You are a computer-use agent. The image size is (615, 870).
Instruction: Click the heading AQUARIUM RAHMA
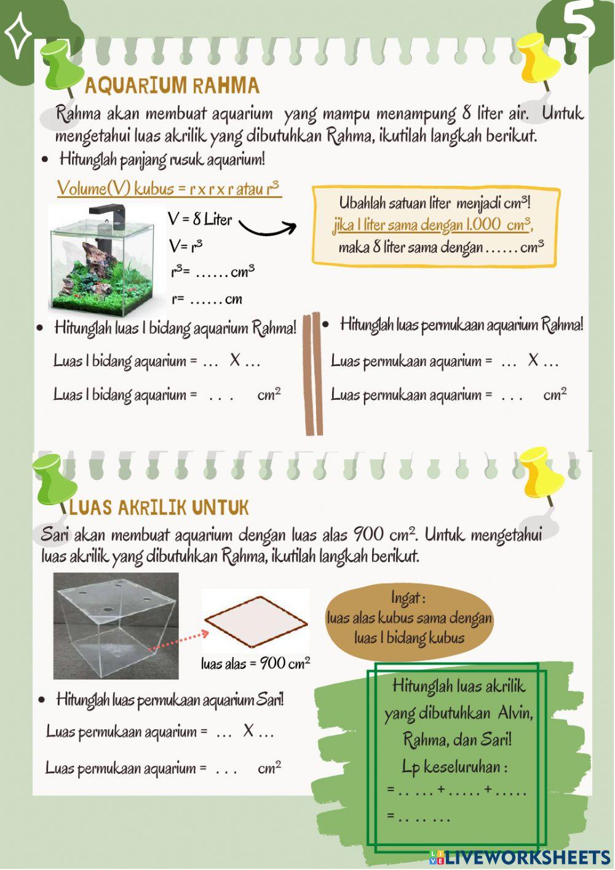(x=172, y=86)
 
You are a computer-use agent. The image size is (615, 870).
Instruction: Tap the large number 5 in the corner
(x=579, y=22)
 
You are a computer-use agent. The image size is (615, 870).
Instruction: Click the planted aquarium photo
(x=102, y=259)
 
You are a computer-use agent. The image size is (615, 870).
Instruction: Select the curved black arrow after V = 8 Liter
(x=267, y=228)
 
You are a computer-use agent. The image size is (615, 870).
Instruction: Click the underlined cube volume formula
(x=169, y=188)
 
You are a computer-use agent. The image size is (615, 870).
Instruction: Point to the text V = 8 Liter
(x=200, y=219)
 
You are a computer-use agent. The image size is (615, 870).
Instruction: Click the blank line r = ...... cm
(x=207, y=300)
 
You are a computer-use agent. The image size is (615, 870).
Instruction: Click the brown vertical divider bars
(x=313, y=375)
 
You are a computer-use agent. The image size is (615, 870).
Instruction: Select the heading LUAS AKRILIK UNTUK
(x=159, y=508)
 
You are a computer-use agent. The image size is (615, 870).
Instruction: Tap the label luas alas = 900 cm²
(x=255, y=663)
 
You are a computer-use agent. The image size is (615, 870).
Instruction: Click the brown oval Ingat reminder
(x=409, y=618)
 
